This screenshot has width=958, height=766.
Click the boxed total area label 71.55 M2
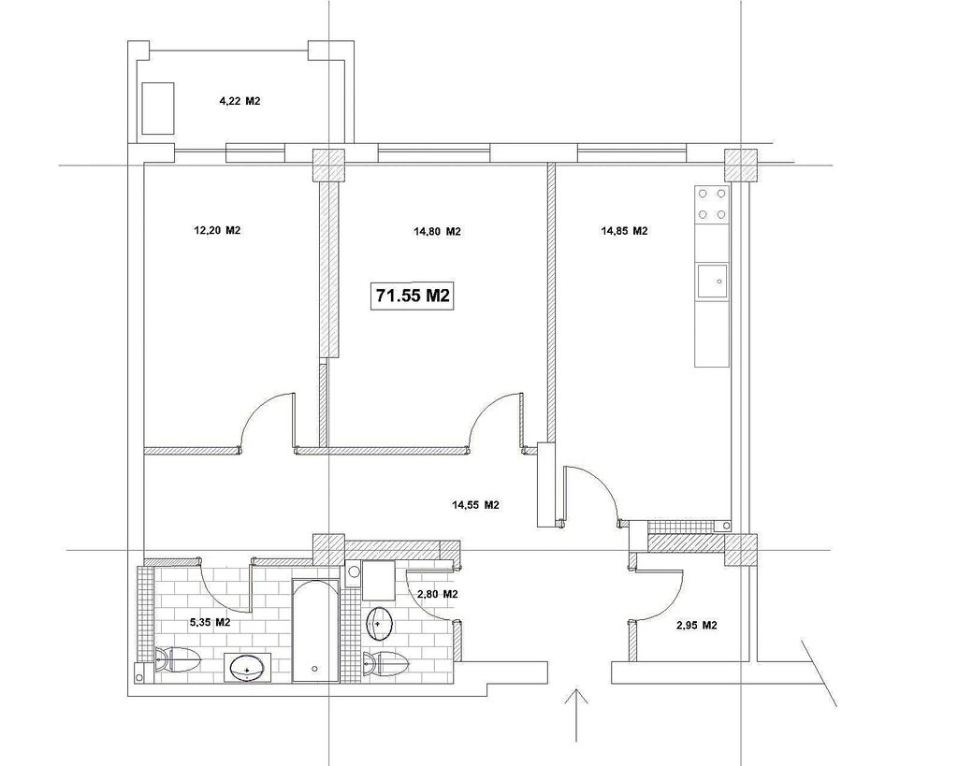tap(413, 296)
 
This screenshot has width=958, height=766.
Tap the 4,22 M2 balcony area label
tap(239, 101)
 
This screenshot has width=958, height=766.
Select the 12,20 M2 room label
tap(217, 230)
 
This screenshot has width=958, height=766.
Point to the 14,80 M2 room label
tap(437, 232)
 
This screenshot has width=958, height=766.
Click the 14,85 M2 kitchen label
tap(624, 231)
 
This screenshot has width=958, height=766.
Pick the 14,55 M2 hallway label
tap(475, 505)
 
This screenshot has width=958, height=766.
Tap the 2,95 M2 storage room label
tap(697, 626)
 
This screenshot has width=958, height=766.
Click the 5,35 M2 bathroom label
tap(210, 623)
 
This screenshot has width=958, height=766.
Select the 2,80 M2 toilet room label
tap(438, 594)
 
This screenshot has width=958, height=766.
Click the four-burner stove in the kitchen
tap(712, 204)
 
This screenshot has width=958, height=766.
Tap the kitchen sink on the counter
tap(712, 282)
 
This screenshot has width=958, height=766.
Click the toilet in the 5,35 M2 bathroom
tap(178, 659)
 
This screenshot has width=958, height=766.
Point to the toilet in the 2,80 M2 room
tap(385, 663)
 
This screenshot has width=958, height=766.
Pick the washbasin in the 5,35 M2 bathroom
tap(247, 668)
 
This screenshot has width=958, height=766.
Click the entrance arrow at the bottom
tap(575, 715)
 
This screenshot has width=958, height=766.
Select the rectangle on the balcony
tap(158, 108)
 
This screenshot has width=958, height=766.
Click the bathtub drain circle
tap(314, 669)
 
